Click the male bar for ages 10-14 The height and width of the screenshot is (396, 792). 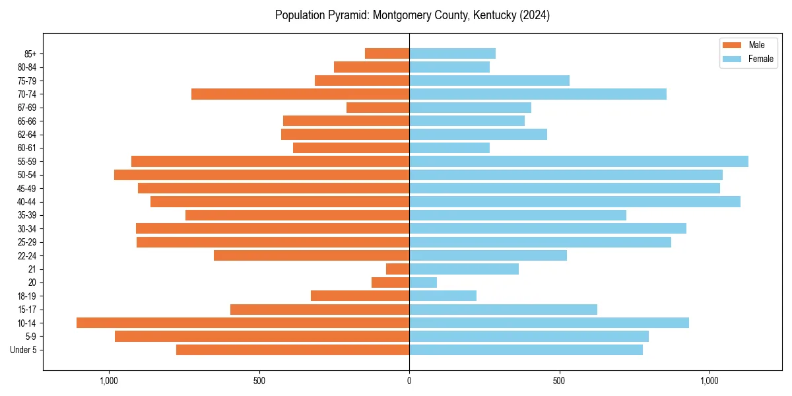243,323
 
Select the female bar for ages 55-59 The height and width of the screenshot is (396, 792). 579,161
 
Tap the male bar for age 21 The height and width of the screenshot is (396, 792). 398,269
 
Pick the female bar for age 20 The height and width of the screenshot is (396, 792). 423,282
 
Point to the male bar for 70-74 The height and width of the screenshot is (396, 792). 300,94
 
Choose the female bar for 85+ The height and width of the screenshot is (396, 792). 452,53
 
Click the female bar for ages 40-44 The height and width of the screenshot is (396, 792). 575,201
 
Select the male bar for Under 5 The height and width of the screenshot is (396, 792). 293,350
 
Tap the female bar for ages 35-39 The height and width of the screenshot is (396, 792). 517,215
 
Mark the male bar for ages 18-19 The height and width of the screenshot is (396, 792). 360,296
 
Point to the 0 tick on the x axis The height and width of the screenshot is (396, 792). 409,381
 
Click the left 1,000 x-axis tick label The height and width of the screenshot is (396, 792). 109,381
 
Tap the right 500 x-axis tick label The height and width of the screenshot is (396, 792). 560,381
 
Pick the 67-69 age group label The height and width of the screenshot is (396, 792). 27,108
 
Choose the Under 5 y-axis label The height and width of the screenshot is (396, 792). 23,350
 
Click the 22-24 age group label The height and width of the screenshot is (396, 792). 27,255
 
